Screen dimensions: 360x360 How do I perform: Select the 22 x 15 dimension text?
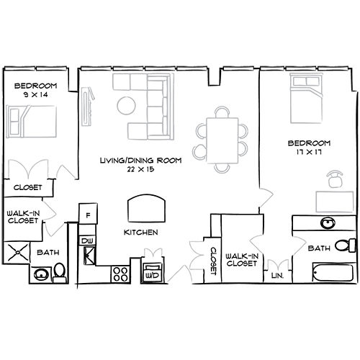140,169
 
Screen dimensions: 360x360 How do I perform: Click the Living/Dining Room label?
140,160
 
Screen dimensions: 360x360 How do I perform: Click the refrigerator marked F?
89,215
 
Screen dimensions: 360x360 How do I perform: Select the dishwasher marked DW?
87,240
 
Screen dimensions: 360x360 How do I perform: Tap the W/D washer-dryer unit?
153,274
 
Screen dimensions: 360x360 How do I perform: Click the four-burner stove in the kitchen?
120,274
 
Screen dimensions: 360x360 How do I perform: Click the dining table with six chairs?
222,138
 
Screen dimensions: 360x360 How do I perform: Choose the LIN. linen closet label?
276,275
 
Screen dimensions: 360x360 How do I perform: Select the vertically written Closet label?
214,259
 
